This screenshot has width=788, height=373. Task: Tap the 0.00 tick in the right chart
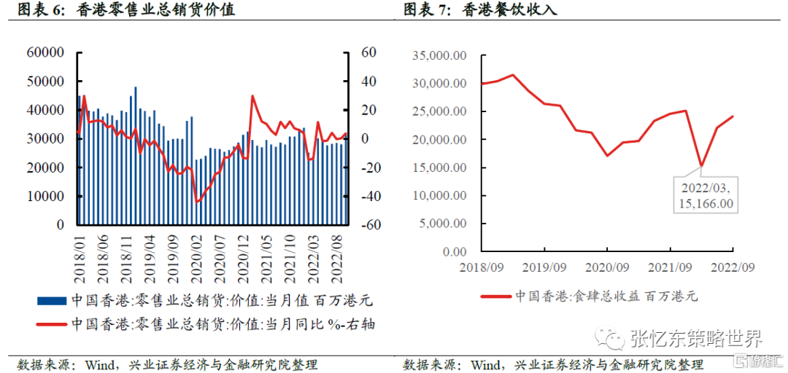pos(451,252)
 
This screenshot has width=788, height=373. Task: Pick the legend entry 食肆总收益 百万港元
pos(590,296)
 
